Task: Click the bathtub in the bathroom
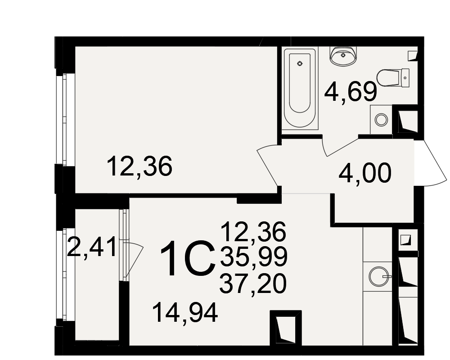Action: (300, 89)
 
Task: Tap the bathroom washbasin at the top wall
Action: (343, 56)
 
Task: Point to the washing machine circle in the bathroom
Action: (382, 120)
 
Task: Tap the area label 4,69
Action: (351, 91)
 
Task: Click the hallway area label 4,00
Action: (365, 173)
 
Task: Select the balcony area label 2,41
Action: (91, 247)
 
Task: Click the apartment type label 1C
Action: (188, 258)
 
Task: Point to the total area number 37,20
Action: (253, 283)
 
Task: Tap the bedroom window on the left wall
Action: (65, 120)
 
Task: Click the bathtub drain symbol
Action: (300, 63)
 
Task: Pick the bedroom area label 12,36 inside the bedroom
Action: (139, 166)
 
